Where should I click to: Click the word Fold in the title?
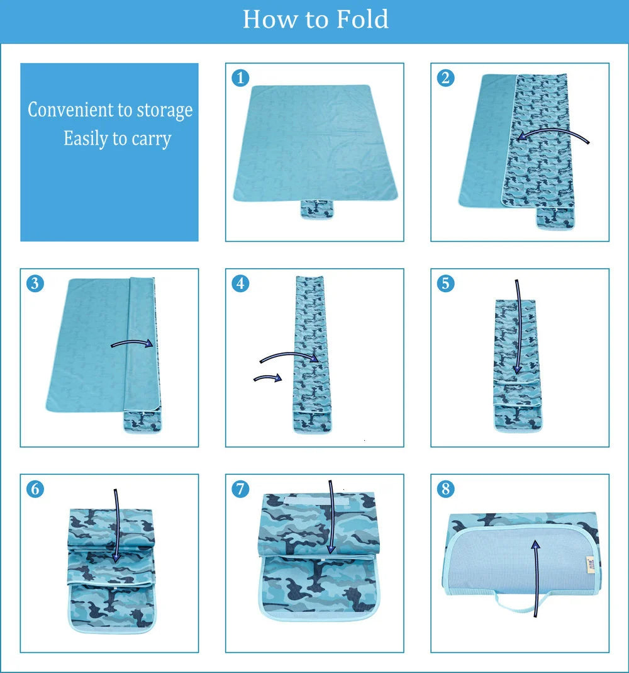click(x=362, y=19)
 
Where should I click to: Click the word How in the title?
click(x=269, y=19)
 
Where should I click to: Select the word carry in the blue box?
click(x=150, y=138)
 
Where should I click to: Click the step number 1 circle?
click(x=240, y=78)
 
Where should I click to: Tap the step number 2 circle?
click(x=445, y=78)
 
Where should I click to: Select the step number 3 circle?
click(x=35, y=283)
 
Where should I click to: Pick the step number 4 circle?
click(x=240, y=283)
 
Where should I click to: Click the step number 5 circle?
click(x=445, y=283)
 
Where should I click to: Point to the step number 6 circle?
click(x=35, y=489)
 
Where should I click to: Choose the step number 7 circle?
click(x=240, y=489)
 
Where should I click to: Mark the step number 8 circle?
click(x=445, y=489)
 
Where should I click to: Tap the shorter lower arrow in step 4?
click(x=267, y=378)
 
